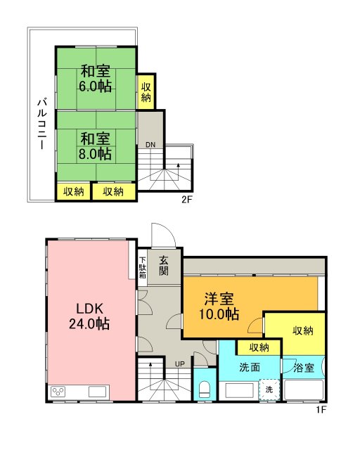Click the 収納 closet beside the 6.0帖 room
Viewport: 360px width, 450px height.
(146, 92)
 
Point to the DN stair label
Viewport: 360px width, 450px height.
(150, 146)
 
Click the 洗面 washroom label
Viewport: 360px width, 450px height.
(249, 366)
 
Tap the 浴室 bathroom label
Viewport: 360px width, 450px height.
(304, 367)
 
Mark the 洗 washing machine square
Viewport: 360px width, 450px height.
(268, 389)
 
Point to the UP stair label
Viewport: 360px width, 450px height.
(179, 364)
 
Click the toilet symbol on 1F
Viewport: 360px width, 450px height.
(205, 389)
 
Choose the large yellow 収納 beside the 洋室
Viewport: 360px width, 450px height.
(302, 330)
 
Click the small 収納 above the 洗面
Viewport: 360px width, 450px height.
(258, 347)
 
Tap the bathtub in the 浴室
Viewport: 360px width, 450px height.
(304, 390)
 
